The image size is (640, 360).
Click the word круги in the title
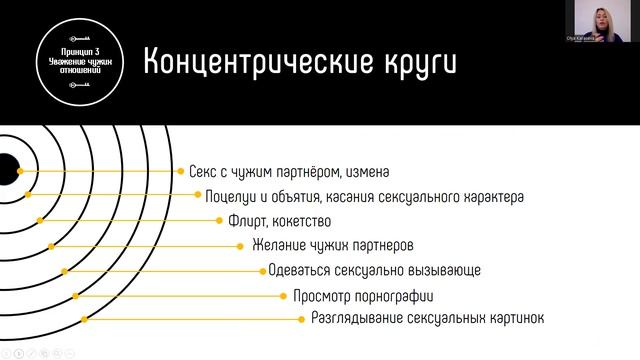[x=412, y=61]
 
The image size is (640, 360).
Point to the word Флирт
[x=246, y=221]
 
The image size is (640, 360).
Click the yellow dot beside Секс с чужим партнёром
[x=181, y=172]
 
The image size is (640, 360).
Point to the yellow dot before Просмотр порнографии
[x=283, y=296]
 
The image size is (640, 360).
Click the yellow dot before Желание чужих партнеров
[x=240, y=245]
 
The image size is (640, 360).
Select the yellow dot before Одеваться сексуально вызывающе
[x=262, y=270]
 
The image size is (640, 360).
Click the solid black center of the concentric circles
[x=4, y=168]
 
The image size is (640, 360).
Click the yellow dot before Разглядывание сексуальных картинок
[x=301, y=319]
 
